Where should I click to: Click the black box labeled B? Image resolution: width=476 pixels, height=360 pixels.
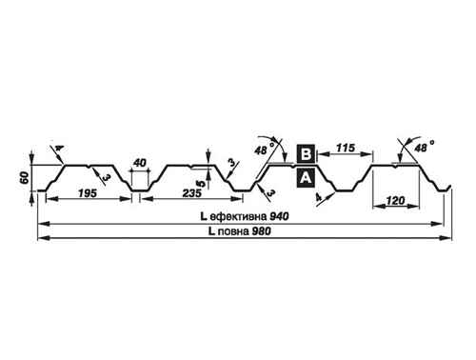(x=306, y=153)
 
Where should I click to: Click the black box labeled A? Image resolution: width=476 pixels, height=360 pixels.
(x=306, y=177)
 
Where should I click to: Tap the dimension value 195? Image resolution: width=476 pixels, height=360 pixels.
(x=88, y=192)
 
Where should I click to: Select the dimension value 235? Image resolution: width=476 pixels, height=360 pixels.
(x=192, y=192)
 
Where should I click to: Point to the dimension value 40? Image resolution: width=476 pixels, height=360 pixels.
(x=140, y=163)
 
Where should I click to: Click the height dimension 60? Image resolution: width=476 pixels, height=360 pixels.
(x=25, y=178)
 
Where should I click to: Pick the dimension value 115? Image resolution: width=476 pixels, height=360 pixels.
(x=346, y=148)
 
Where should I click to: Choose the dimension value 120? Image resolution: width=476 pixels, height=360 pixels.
(x=396, y=200)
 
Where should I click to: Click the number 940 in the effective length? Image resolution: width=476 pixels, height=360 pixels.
(x=279, y=216)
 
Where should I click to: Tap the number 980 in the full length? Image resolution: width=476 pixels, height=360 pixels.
(x=262, y=231)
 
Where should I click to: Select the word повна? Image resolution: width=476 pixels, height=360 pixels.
(x=233, y=231)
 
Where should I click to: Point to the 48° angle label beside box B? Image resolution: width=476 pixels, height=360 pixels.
(x=264, y=149)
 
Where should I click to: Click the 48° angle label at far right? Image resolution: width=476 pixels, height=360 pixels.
(x=424, y=147)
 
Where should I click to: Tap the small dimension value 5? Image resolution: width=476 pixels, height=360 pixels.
(x=200, y=183)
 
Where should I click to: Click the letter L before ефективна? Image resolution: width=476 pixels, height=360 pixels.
(x=204, y=216)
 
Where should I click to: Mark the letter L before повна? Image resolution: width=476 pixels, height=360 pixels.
(x=212, y=231)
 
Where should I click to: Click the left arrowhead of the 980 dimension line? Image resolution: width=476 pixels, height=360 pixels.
(x=42, y=238)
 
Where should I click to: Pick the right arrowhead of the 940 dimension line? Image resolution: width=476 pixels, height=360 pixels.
(x=437, y=224)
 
